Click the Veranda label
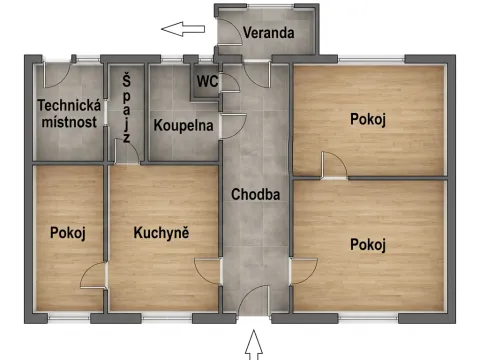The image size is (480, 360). (x=269, y=33)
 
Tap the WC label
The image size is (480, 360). (x=207, y=81)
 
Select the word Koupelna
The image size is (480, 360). (x=183, y=125)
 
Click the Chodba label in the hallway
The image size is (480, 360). (x=256, y=194)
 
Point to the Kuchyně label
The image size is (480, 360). (x=161, y=232)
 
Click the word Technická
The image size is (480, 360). (x=69, y=105)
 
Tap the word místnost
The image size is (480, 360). (x=69, y=122)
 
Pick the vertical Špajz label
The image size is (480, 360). (x=126, y=109)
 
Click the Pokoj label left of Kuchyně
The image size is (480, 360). (x=68, y=233)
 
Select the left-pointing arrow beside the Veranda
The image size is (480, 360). (x=183, y=29)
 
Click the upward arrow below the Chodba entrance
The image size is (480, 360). (x=254, y=345)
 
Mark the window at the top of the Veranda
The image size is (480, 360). (x=270, y=6)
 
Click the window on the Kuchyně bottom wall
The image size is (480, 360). (x=167, y=318)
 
